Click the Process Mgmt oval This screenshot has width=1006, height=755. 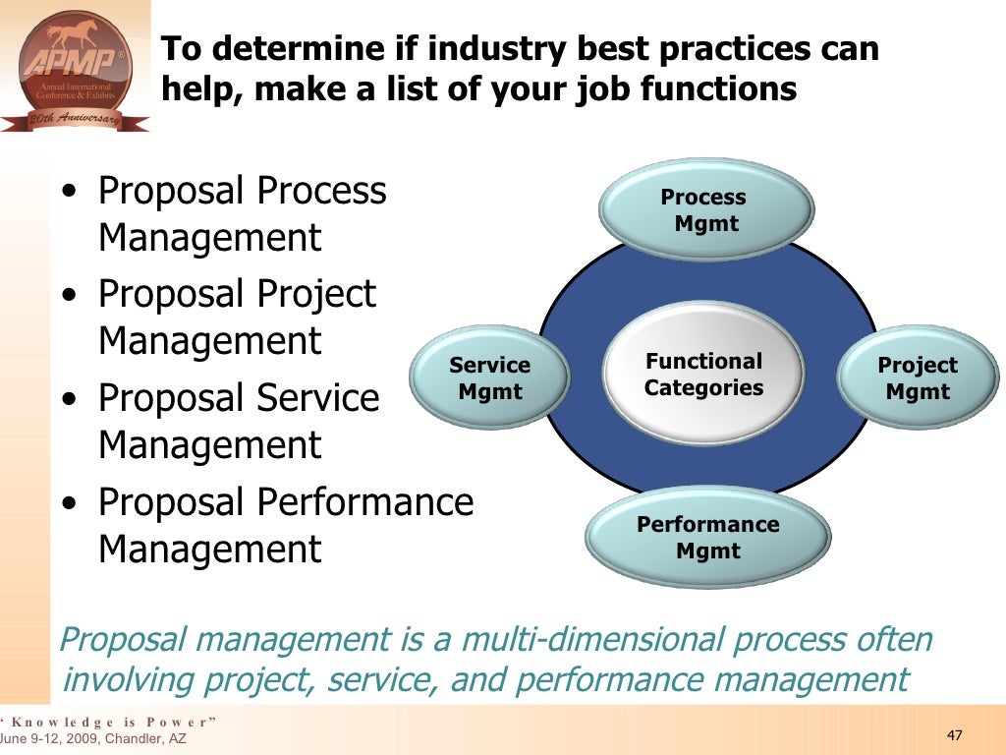coord(705,209)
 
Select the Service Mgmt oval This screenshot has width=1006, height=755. coord(490,378)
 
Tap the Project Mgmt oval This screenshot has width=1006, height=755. coord(918,378)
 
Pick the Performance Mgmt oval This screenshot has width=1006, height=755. coord(707,537)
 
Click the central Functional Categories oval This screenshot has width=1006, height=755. coord(703,375)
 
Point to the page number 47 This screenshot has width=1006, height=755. coord(954,736)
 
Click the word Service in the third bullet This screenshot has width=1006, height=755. coord(318,398)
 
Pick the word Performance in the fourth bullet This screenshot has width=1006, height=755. coord(365,502)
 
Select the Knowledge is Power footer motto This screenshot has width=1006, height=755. coord(108,722)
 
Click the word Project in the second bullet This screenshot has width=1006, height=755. coord(316,294)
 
